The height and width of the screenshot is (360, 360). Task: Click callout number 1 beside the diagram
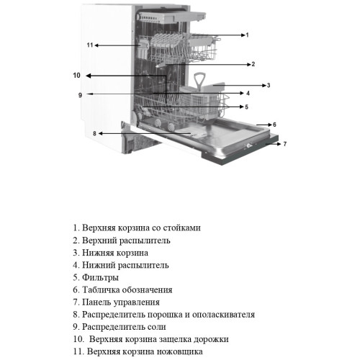pyautogui.click(x=247, y=35)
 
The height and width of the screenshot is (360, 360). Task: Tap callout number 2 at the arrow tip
pyautogui.click(x=253, y=64)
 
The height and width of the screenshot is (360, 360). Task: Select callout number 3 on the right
pyautogui.click(x=269, y=85)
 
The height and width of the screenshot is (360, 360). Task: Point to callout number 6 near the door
pyautogui.click(x=274, y=125)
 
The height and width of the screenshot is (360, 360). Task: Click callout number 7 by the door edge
pyautogui.click(x=285, y=144)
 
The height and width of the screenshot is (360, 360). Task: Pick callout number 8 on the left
pyautogui.click(x=94, y=133)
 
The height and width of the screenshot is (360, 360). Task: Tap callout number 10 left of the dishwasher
pyautogui.click(x=76, y=76)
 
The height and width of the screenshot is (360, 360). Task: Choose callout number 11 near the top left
pyautogui.click(x=90, y=45)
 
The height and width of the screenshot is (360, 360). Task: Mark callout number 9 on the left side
pyautogui.click(x=80, y=95)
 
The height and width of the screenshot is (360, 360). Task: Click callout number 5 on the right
pyautogui.click(x=246, y=107)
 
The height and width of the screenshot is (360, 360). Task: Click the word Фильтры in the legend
pyautogui.click(x=100, y=277)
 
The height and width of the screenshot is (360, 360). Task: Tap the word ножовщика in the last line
pyautogui.click(x=179, y=352)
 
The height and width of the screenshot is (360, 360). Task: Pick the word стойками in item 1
pyautogui.click(x=181, y=228)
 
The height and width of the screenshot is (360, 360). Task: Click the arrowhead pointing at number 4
pyautogui.click(x=242, y=93)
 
